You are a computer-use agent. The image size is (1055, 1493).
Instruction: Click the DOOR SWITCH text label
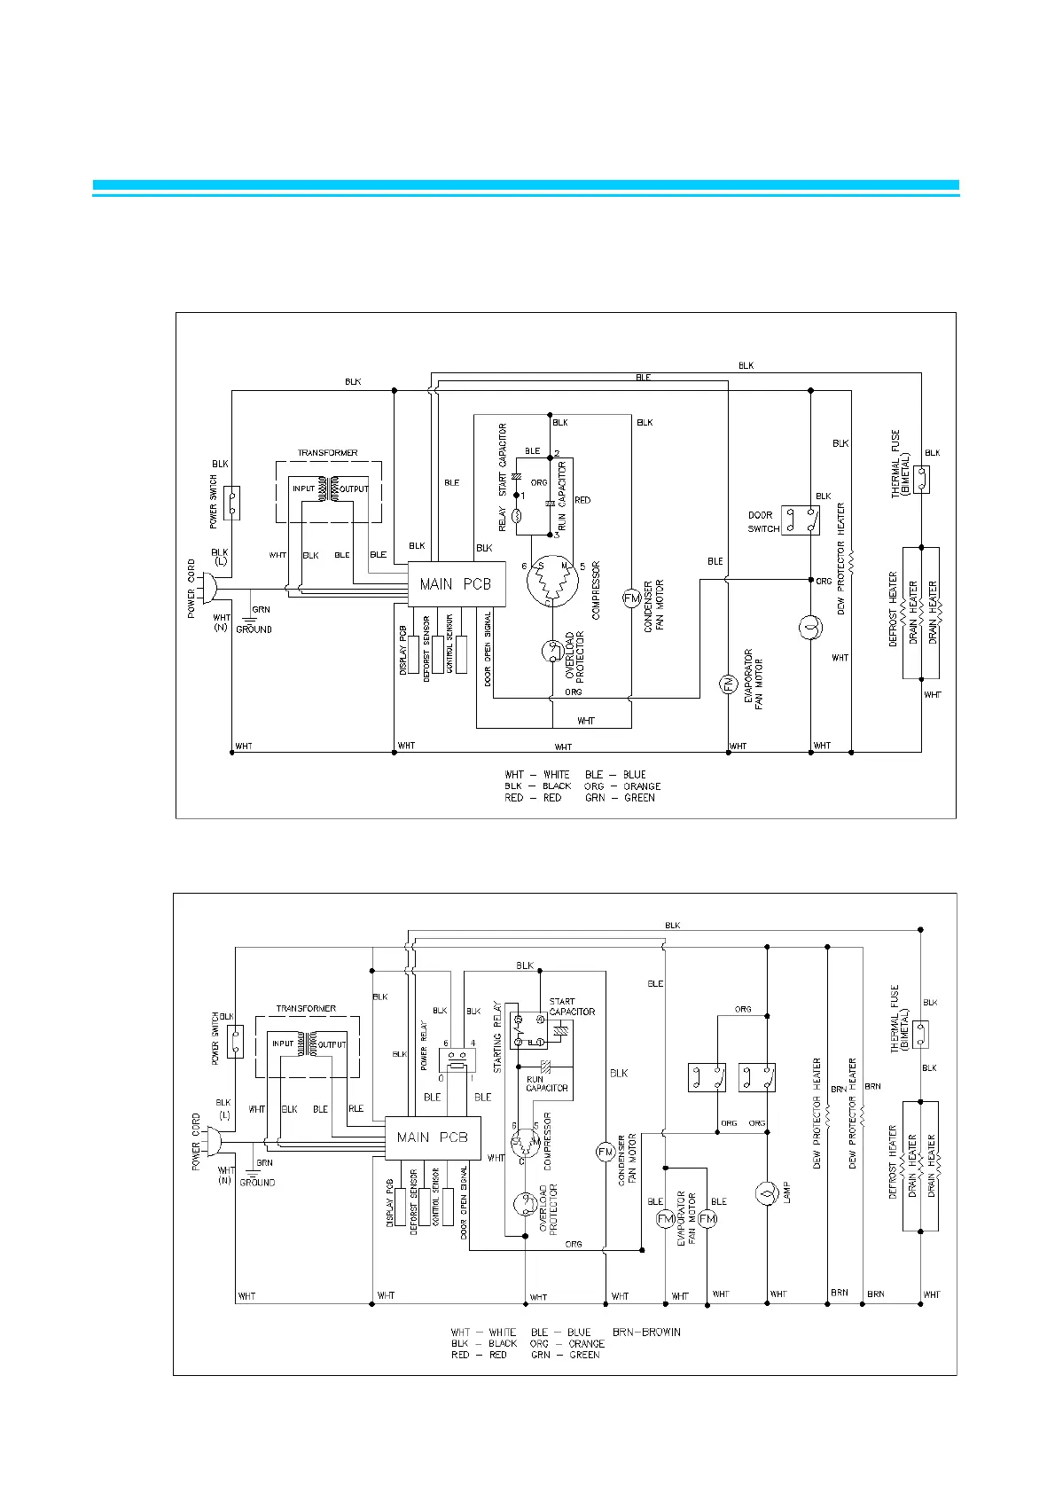[x=763, y=521]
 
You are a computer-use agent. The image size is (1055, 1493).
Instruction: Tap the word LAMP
[x=786, y=1192]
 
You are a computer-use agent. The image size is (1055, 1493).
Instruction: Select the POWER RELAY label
[x=425, y=1046]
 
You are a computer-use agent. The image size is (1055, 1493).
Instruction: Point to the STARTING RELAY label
[x=497, y=1038]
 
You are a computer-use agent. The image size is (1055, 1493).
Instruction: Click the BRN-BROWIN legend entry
[x=646, y=1332]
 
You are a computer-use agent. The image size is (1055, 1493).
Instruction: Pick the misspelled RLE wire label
[x=356, y=1109]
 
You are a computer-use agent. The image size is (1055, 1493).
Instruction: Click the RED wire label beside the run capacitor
[x=582, y=500]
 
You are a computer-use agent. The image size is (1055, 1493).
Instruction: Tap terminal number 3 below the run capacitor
[x=557, y=535]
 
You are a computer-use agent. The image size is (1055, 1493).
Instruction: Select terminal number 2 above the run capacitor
[x=557, y=454]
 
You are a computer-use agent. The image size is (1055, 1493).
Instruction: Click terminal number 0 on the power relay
[x=441, y=1077]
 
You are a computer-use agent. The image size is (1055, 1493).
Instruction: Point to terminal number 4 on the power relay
[x=473, y=1043]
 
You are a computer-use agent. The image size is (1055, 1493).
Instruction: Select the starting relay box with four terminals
[x=528, y=1030]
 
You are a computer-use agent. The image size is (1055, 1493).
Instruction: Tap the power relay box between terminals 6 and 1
[x=457, y=1059]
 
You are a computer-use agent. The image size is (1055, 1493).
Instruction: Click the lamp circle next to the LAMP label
[x=763, y=1193]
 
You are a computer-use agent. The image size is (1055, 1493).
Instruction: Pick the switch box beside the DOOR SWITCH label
[x=800, y=520]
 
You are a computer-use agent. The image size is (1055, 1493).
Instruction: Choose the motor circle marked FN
[x=727, y=684]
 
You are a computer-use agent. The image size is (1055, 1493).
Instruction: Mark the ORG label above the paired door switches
[x=743, y=1009]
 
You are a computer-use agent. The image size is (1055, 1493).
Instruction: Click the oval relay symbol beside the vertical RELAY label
[x=519, y=513]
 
